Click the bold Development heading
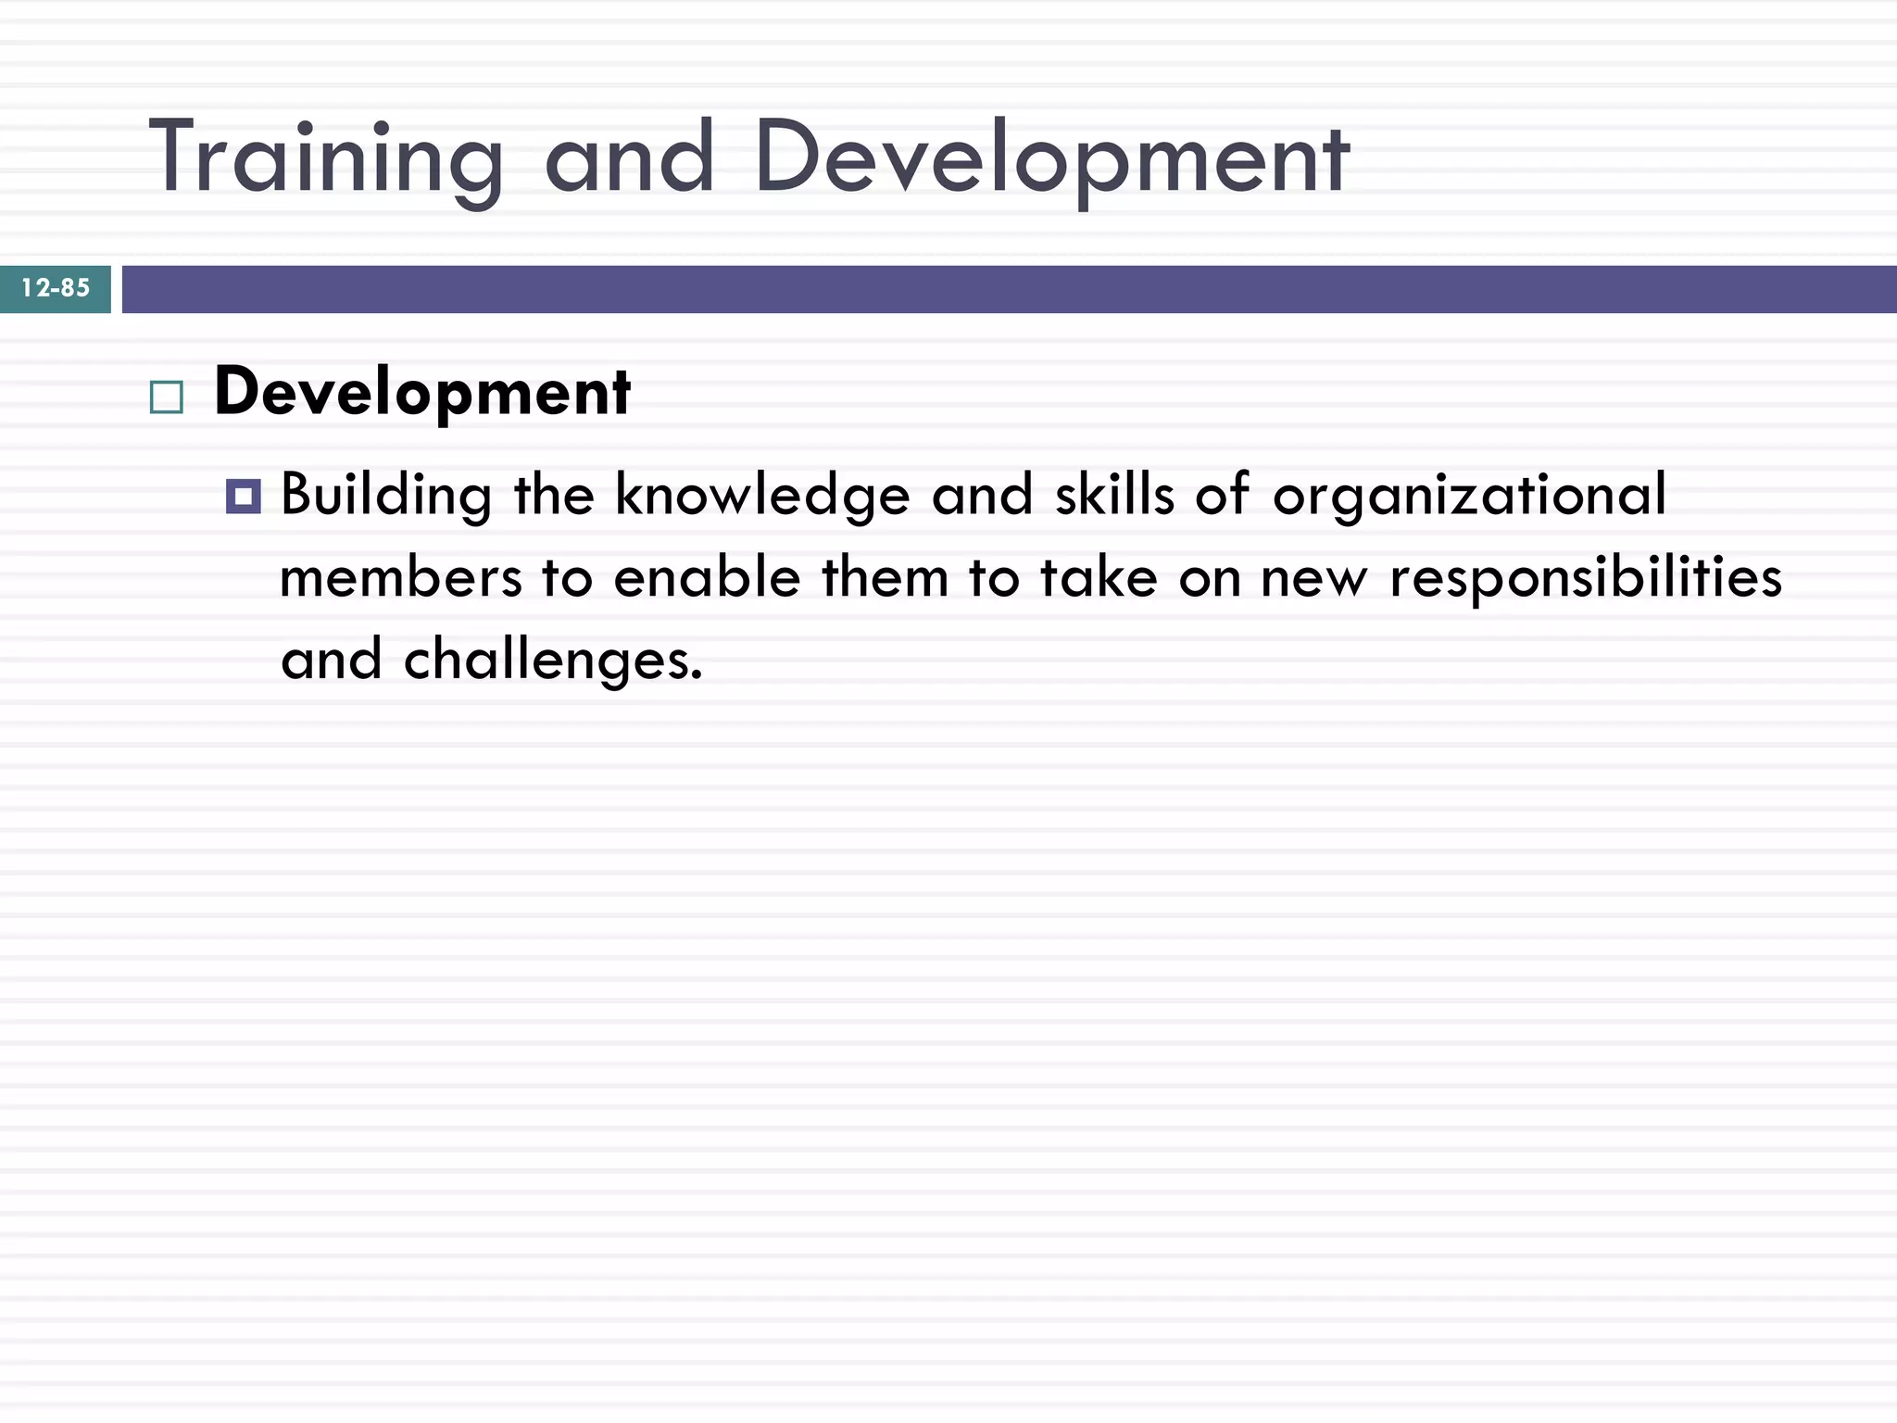coord(422,393)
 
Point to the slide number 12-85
coord(56,288)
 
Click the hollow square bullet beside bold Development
coord(167,397)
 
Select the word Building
coord(386,496)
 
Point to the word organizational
coord(1470,496)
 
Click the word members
coord(401,578)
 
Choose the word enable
coord(707,578)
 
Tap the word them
coord(886,578)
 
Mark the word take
coord(1099,578)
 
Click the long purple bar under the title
coord(1010,289)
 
